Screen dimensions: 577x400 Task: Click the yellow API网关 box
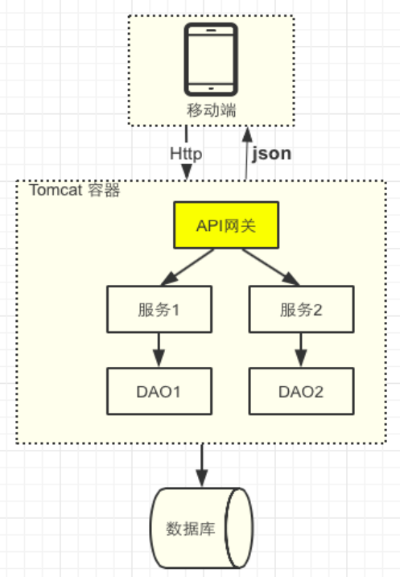pyautogui.click(x=226, y=225)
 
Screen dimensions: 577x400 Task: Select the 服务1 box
pyautogui.click(x=159, y=309)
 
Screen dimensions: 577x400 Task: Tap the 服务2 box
pyautogui.click(x=301, y=309)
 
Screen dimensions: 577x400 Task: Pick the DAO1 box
pyautogui.click(x=159, y=391)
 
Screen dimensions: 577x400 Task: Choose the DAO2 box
pyautogui.click(x=301, y=391)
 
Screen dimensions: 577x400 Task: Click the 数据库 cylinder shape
pyautogui.click(x=201, y=529)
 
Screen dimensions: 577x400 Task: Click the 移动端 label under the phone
pyautogui.click(x=212, y=110)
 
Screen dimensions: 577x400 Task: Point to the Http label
pyautogui.click(x=186, y=152)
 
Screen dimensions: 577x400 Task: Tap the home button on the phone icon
pyautogui.click(x=212, y=87)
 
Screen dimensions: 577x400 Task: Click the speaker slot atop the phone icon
pyautogui.click(x=212, y=30)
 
